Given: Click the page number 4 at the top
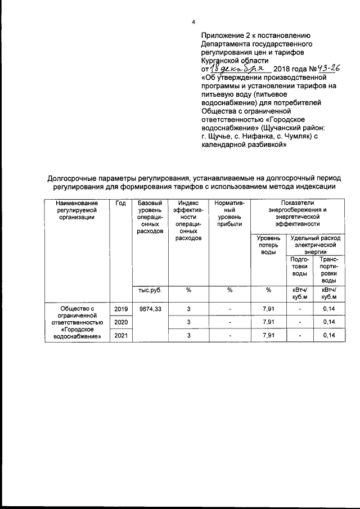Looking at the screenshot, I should point(193,22).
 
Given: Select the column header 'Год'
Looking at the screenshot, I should point(120,203).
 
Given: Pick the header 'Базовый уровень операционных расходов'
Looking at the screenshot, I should point(149,217).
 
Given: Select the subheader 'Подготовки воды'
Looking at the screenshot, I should point(300,266).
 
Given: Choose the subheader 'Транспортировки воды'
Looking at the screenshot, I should point(328,269).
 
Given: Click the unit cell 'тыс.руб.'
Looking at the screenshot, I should point(150,290).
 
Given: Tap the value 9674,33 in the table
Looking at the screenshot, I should point(150,309).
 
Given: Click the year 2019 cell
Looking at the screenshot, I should point(120,309).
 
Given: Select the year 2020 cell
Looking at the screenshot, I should point(120,322).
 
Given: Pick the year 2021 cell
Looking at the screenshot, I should point(120,336).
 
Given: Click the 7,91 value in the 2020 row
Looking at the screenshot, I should point(268,322).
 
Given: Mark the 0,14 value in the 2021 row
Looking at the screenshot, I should point(328,336).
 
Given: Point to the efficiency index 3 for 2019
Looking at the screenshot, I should point(188,309).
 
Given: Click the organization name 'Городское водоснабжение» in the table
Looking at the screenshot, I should point(77,334).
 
